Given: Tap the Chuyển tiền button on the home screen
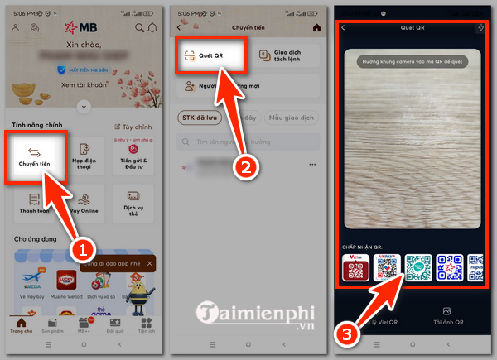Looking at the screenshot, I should [35, 156].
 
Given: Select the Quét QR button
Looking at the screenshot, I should [214, 56].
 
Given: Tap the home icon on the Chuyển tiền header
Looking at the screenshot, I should [316, 27].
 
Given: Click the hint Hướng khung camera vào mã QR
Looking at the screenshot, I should [411, 61].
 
